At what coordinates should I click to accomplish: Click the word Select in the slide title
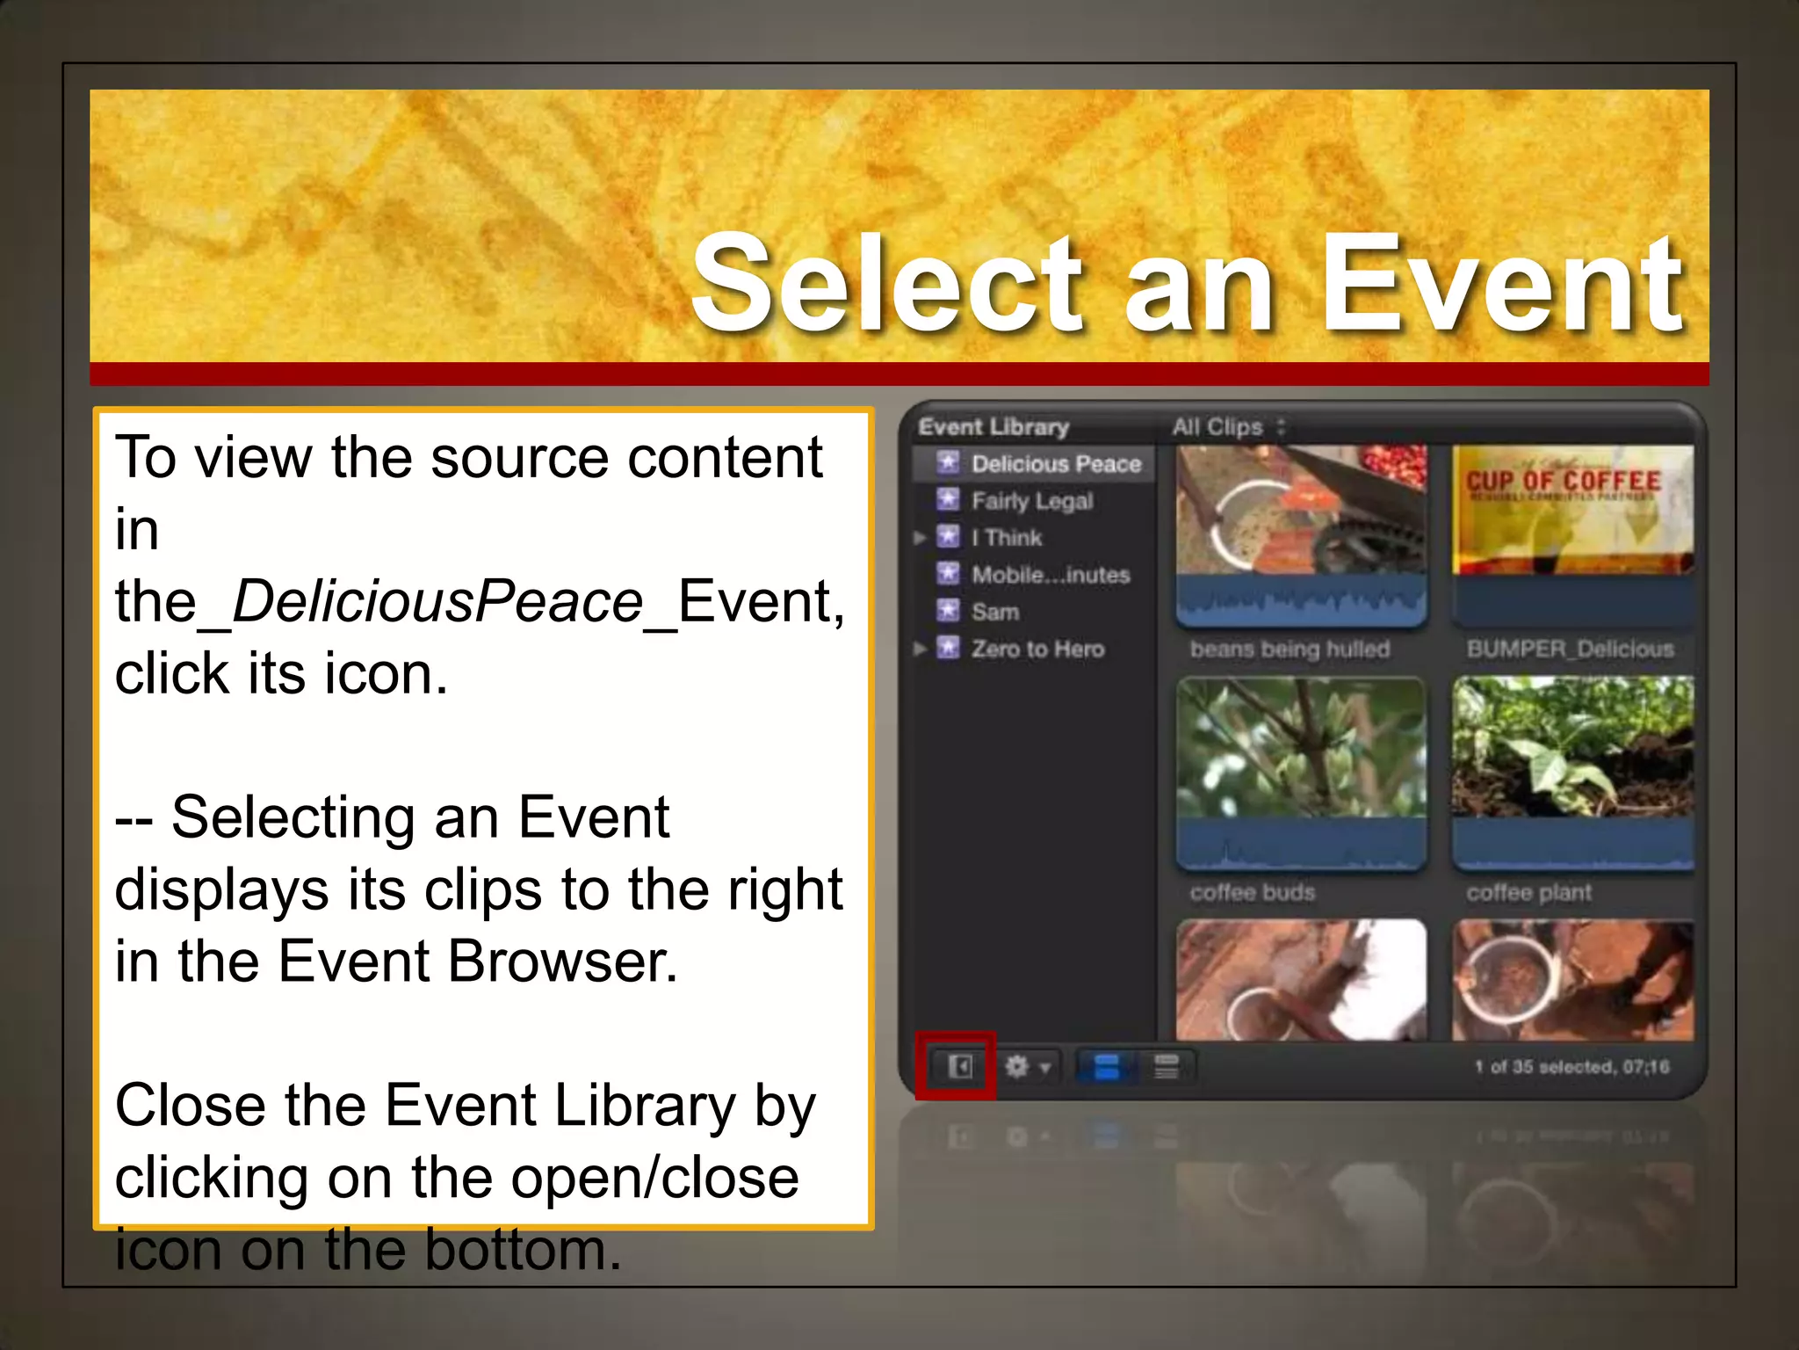(x=887, y=286)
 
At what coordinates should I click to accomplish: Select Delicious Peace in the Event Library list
(x=1055, y=464)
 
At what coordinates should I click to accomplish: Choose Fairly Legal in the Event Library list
(x=1031, y=501)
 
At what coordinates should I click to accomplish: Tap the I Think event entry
(x=1006, y=538)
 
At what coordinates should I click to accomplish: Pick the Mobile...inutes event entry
(x=1050, y=575)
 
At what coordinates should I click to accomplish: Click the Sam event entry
(x=994, y=612)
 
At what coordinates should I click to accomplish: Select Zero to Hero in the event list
(x=1037, y=650)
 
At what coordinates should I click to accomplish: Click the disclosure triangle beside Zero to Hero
(x=919, y=650)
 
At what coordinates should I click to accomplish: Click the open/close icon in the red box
(x=958, y=1067)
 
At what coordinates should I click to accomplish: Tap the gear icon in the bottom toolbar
(x=1017, y=1067)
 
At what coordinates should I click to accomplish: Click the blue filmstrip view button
(x=1107, y=1067)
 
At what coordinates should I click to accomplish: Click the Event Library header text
(x=993, y=427)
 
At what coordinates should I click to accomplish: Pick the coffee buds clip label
(x=1253, y=893)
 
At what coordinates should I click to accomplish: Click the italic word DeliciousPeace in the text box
(x=437, y=603)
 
